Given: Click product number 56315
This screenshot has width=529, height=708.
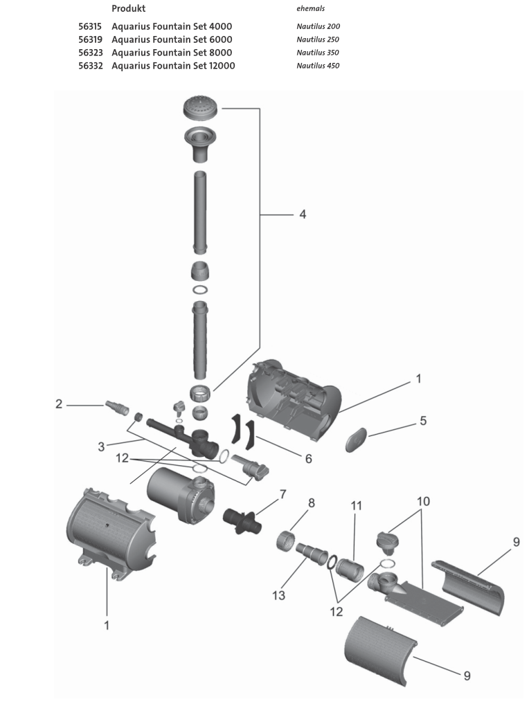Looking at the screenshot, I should (92, 26).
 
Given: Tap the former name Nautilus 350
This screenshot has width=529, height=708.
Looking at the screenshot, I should (318, 53).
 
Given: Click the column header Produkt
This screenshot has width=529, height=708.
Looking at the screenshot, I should (128, 8).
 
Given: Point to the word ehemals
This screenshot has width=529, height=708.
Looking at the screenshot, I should (310, 9).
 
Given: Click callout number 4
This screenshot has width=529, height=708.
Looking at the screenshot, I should (302, 215).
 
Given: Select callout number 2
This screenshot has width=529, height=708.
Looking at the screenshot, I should (60, 404).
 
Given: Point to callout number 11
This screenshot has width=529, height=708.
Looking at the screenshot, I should (357, 506).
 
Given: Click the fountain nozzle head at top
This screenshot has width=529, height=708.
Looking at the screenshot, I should (201, 109).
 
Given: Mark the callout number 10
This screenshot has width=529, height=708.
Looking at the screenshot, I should (422, 500).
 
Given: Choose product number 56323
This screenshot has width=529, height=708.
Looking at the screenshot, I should (92, 53).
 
